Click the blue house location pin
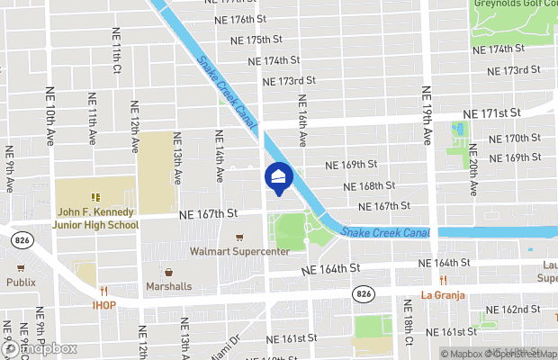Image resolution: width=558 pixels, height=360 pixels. click(x=278, y=177)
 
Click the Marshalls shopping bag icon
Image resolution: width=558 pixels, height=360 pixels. click(x=168, y=272)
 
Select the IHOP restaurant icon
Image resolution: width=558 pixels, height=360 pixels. click(x=104, y=291)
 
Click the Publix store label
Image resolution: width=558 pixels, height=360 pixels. click(x=20, y=282)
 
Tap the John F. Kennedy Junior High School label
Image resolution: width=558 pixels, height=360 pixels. click(x=96, y=219)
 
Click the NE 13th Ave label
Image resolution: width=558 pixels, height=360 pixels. click(x=177, y=158)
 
